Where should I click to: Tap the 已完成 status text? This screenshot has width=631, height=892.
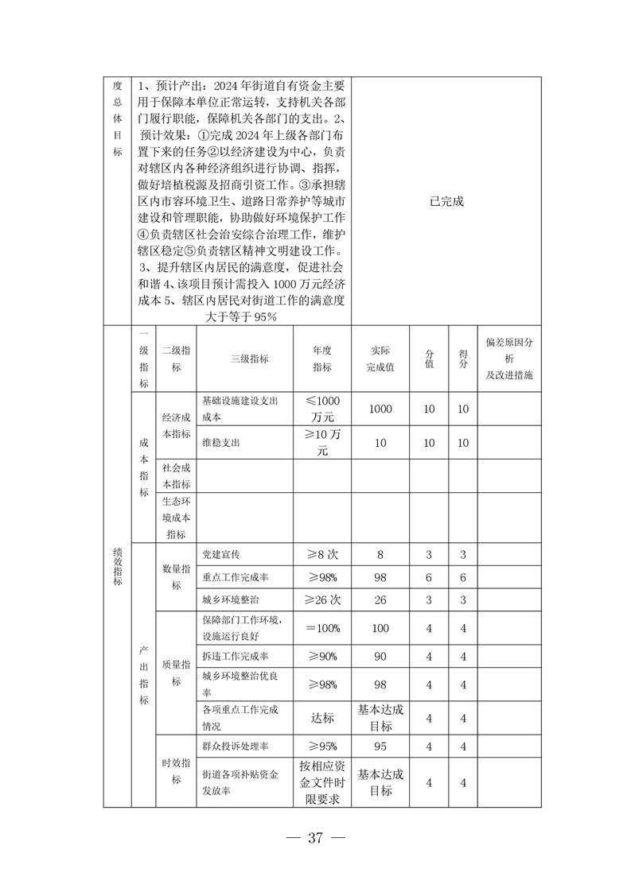[x=446, y=202]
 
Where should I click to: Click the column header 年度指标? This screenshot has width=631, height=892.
[x=322, y=359]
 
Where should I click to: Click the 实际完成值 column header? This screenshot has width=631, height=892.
[x=380, y=359]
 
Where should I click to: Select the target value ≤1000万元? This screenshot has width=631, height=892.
[x=322, y=409]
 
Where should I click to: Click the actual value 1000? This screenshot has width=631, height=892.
[x=380, y=409]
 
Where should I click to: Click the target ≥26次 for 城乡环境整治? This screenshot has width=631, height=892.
[x=322, y=599]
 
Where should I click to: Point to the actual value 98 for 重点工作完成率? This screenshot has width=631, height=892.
[x=380, y=577]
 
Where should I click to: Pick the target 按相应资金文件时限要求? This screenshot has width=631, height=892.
[x=322, y=783]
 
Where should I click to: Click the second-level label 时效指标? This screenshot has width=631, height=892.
[x=176, y=770]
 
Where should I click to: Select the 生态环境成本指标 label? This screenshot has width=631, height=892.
[x=176, y=518]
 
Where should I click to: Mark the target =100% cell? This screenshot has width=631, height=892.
[x=322, y=628]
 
